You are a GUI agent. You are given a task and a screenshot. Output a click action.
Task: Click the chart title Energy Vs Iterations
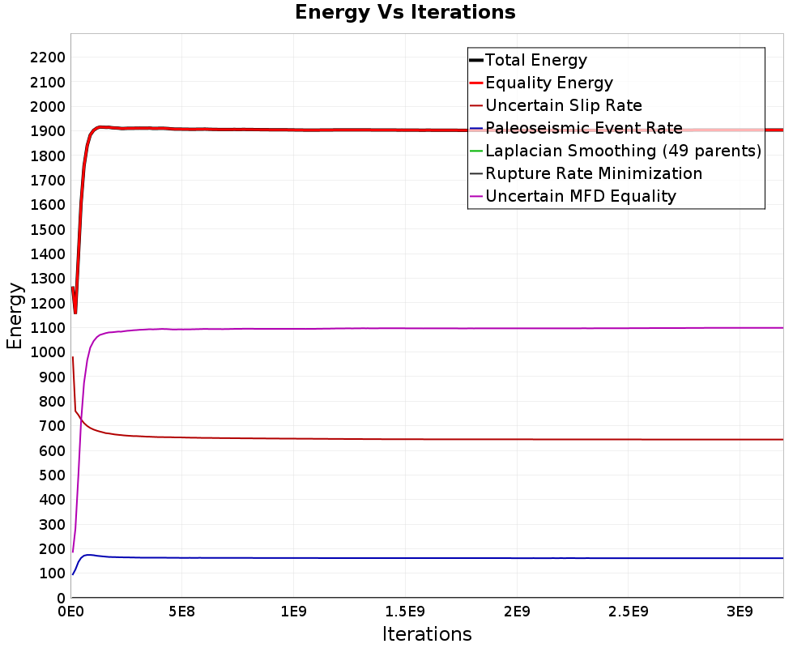pyautogui.click(x=405, y=12)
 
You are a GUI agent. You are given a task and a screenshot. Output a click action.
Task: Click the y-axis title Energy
pyautogui.click(x=14, y=315)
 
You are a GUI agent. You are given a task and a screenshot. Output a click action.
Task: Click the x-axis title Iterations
pyautogui.click(x=427, y=633)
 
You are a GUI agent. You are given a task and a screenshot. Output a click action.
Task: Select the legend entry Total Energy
pyautogui.click(x=535, y=60)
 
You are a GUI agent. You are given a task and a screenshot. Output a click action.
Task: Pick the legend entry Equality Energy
pyautogui.click(x=548, y=83)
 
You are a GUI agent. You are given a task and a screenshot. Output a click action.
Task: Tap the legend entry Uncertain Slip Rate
pyautogui.click(x=563, y=105)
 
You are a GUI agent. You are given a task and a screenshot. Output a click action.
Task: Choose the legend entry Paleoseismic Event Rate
pyautogui.click(x=583, y=128)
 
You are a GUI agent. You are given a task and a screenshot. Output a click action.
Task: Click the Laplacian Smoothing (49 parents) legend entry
pyautogui.click(x=622, y=151)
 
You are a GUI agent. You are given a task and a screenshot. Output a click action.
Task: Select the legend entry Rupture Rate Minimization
pyautogui.click(x=593, y=173)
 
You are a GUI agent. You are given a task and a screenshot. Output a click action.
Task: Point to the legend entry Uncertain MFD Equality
pyautogui.click(x=580, y=196)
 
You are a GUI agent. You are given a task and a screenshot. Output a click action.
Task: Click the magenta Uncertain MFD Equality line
pyautogui.click(x=486, y=328)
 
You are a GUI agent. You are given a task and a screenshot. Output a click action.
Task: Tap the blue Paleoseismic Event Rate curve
pyautogui.click(x=486, y=558)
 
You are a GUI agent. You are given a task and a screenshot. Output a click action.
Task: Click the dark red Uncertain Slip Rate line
pyautogui.click(x=486, y=439)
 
